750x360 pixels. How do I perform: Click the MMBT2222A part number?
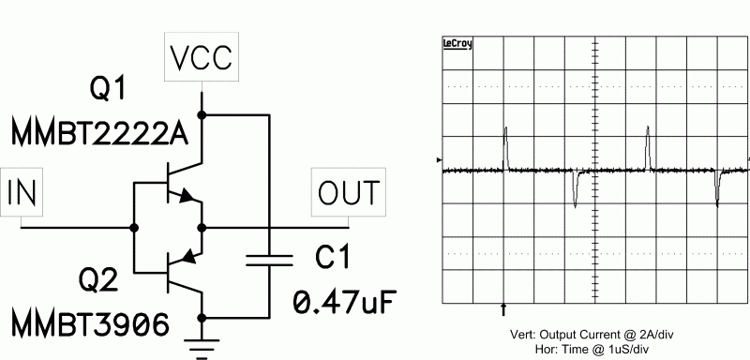click(x=101, y=135)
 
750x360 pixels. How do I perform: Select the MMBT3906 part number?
click(x=91, y=324)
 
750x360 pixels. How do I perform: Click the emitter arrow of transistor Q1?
click(x=189, y=198)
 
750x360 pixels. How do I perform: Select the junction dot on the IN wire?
click(x=134, y=227)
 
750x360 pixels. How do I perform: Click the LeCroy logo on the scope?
click(x=457, y=43)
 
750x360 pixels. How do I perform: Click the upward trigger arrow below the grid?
click(x=506, y=307)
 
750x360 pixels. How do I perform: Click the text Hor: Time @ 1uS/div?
click(x=594, y=347)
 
